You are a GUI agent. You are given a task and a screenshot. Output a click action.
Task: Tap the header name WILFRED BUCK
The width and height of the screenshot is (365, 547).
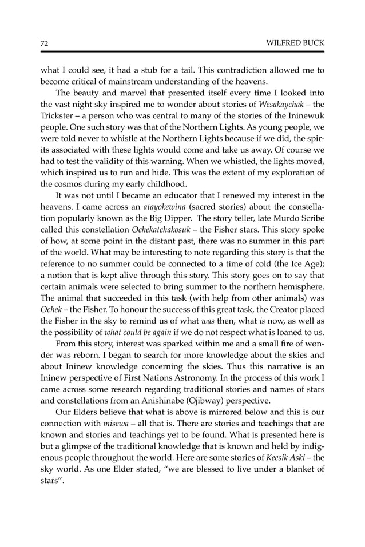pyautogui.click(x=296, y=43)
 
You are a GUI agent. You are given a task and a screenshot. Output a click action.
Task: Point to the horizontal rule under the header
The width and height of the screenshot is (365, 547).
pyautogui.click(x=182, y=52)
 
